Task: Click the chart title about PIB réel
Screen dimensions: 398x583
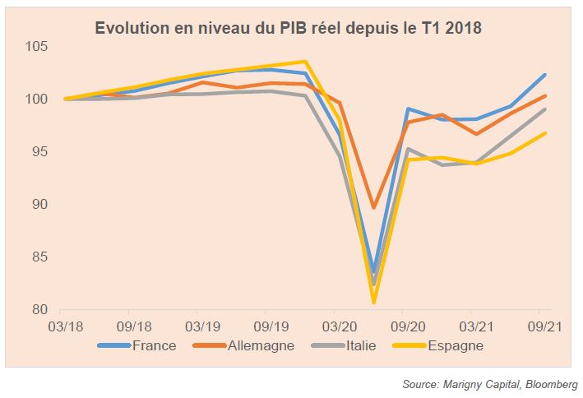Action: (x=289, y=28)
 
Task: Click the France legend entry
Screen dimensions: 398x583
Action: (x=154, y=345)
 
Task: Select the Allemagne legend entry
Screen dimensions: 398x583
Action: (x=259, y=345)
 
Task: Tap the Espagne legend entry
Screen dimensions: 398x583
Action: (x=456, y=345)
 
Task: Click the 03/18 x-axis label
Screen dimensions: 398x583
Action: (x=66, y=326)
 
